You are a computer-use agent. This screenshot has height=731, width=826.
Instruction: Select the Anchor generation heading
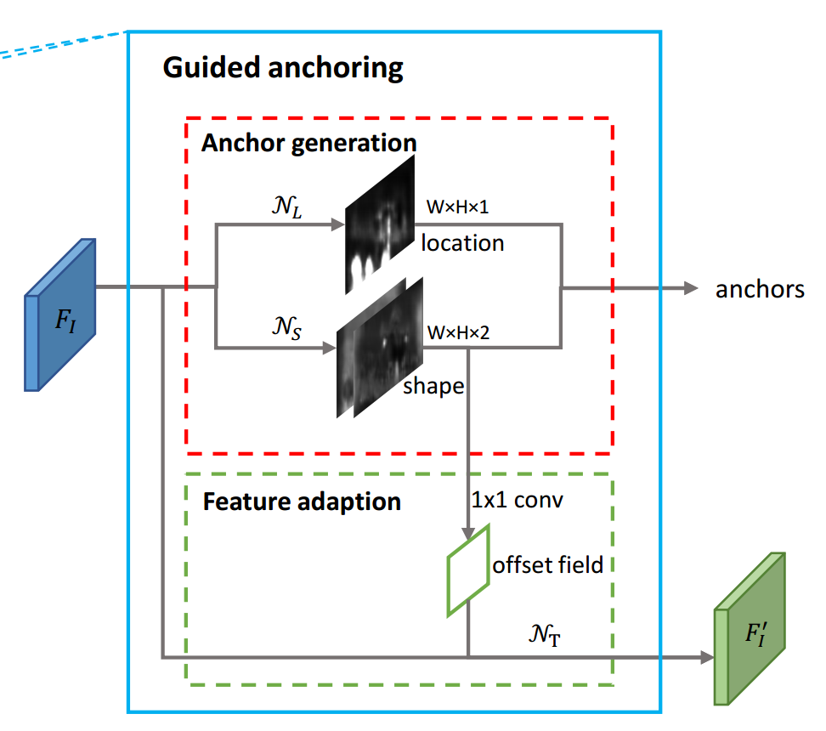pos(308,142)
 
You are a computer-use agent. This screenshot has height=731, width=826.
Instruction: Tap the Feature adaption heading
pos(302,501)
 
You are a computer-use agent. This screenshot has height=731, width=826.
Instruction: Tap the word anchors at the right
pos(760,289)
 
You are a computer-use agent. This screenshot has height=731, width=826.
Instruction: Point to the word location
pos(462,243)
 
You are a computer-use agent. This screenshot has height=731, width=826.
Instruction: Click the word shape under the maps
pos(433,385)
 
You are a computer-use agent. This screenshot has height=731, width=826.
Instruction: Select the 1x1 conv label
pos(517,499)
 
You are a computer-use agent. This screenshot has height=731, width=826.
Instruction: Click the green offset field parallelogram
pos(469,569)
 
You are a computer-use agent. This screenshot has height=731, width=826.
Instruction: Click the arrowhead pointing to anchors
pos(690,288)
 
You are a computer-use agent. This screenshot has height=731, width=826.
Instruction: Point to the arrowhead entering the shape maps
pos(328,347)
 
